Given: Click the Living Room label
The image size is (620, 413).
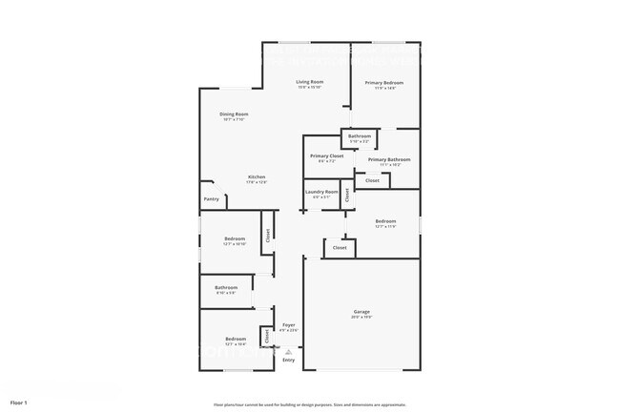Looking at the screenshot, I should (x=309, y=82).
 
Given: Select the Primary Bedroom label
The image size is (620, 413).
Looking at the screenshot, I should (x=383, y=83).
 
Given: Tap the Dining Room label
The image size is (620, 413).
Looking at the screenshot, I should (x=234, y=114).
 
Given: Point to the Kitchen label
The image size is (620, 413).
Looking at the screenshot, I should (x=257, y=177).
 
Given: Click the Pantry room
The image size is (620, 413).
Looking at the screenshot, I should (x=212, y=198).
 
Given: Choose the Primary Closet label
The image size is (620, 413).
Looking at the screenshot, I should (x=326, y=155).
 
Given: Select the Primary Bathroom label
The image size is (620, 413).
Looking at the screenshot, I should (x=389, y=159).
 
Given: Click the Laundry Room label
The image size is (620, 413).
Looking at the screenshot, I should (x=321, y=192).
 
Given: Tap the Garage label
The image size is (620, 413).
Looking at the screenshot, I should (x=362, y=312).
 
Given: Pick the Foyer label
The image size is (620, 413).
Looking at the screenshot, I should (x=288, y=325).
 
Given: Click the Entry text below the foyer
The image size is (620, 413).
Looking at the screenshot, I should (x=288, y=360).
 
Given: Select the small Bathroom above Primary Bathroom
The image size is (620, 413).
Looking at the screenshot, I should (x=360, y=136).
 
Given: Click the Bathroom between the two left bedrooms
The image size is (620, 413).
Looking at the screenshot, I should (x=226, y=287).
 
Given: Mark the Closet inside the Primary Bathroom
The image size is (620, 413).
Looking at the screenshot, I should (x=372, y=180).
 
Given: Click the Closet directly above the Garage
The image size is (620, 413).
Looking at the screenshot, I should (x=339, y=248).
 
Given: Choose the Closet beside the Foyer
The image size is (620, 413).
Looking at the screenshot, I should (x=267, y=336).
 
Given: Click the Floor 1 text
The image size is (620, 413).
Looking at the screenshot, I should (x=19, y=403).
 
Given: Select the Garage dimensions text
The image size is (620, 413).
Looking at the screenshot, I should (x=362, y=317).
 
